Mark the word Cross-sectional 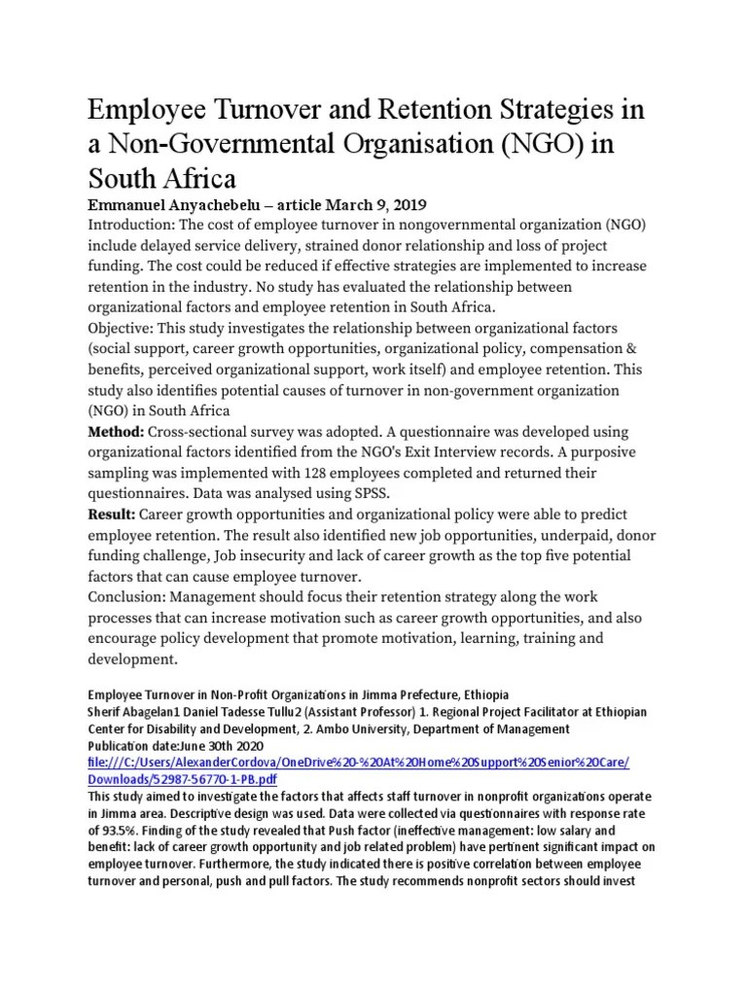coord(200,432)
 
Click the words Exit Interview coord(485,452)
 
